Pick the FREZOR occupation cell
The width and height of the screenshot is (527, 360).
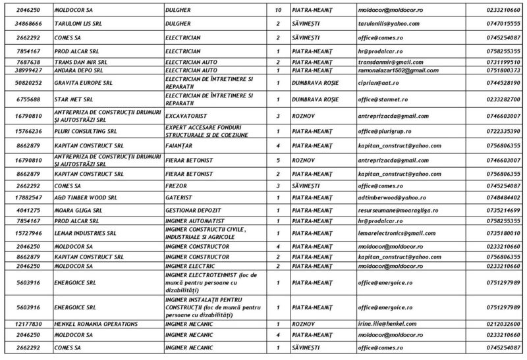tap(177, 186)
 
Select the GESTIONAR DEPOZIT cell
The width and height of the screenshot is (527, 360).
tap(192, 209)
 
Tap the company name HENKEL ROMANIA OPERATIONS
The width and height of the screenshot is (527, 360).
tap(96, 324)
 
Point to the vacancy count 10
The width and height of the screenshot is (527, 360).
tap(278, 11)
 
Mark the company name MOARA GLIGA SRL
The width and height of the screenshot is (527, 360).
tap(80, 209)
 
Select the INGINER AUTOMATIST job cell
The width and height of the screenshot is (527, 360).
tap(195, 220)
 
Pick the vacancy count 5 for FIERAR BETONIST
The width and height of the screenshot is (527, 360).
tap(278, 159)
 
